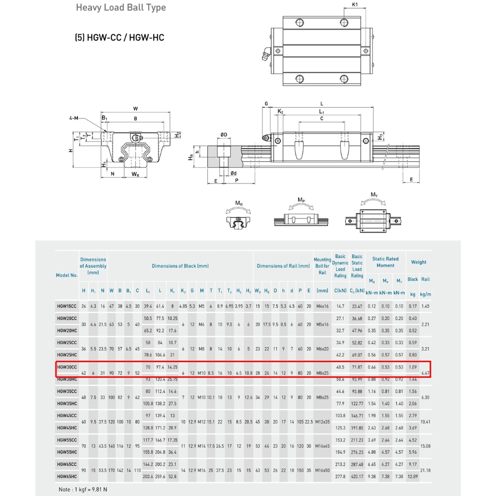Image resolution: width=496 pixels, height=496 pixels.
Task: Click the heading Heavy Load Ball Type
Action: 121,8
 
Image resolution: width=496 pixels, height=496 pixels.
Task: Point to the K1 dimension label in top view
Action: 355,5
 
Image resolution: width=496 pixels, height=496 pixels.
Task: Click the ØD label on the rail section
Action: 224,135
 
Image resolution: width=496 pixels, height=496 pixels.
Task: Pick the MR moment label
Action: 239,203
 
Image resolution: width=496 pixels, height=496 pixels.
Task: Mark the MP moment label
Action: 301,199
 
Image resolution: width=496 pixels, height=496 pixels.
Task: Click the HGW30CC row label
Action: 67,367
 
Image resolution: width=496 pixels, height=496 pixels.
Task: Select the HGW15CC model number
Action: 67,307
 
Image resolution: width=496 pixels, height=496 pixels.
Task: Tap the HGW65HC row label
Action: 67,476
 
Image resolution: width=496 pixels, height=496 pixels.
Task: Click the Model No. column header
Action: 67,275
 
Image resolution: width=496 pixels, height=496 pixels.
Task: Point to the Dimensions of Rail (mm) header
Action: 283,266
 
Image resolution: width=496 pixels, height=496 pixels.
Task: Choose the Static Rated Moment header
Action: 385,262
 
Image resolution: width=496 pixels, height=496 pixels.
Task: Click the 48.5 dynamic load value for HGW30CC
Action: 340,367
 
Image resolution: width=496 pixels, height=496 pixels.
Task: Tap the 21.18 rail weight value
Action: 425,470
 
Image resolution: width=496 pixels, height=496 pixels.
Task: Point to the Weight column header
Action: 419,262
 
